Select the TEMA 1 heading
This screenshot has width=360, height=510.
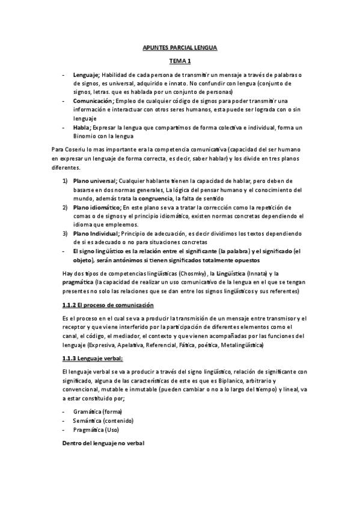(x=180, y=61)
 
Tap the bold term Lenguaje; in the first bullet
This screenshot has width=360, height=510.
(x=87, y=74)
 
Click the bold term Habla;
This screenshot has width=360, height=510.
(x=82, y=127)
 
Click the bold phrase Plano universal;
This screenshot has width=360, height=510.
(x=95, y=181)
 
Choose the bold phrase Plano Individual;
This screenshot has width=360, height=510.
(x=96, y=233)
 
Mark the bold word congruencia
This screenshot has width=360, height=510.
(x=155, y=198)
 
